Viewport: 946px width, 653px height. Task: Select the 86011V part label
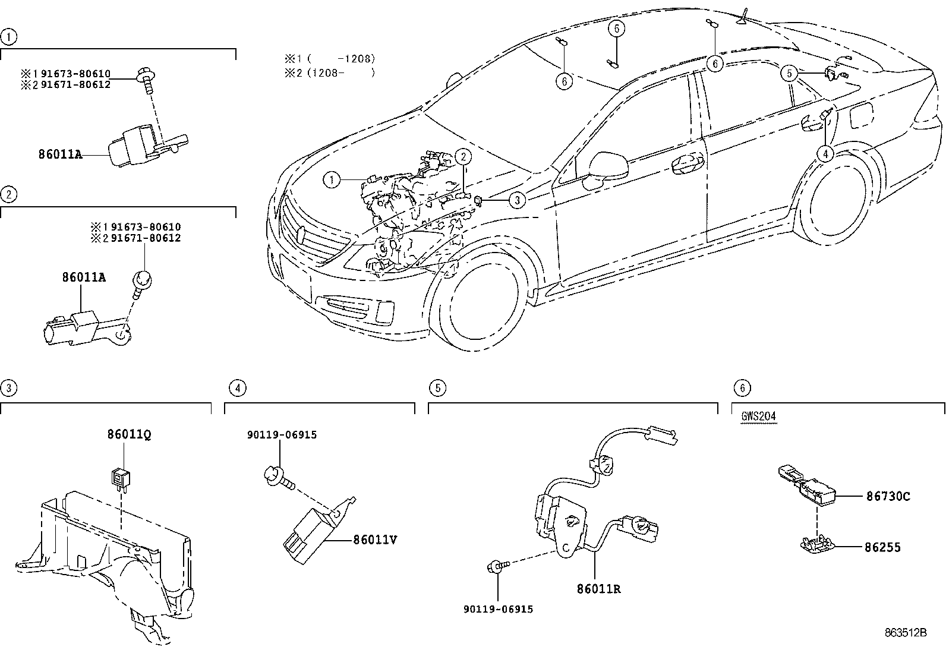coord(374,540)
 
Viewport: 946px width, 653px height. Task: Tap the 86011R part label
coord(598,589)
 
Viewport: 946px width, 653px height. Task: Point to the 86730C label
coord(888,496)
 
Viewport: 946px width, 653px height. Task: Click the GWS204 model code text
coord(758,416)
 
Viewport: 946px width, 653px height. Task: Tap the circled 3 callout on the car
coord(518,200)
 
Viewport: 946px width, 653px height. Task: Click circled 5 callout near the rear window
coord(789,73)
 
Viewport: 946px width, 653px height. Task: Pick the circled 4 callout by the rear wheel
coord(825,153)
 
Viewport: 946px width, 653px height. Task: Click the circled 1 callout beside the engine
coord(332,179)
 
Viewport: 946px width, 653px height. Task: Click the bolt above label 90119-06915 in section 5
coord(497,566)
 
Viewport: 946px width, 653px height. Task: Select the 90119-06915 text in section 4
coord(282,435)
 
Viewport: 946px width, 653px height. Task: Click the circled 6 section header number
coord(742,389)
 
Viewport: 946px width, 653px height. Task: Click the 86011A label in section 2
coord(84,277)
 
